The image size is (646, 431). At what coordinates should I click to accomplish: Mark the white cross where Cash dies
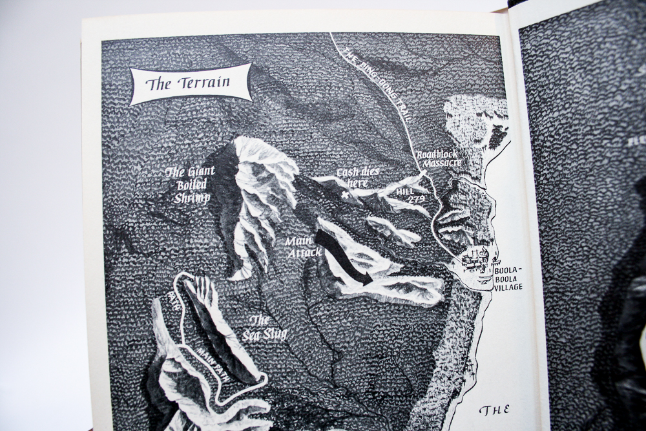353,194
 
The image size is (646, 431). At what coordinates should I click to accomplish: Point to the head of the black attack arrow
368,280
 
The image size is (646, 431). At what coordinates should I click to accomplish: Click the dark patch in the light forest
497,136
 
